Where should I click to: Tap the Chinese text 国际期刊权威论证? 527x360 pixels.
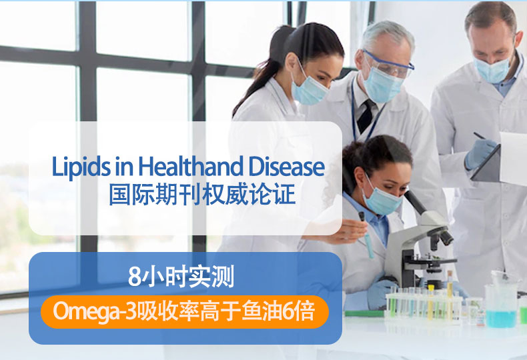tap(202, 194)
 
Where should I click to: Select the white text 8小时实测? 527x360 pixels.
tap(181, 277)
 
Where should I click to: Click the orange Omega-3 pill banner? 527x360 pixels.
tap(185, 311)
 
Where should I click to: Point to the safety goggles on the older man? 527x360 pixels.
tap(388, 64)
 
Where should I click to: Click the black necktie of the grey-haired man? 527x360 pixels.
tap(366, 116)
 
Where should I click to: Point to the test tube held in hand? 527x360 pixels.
tap(366, 235)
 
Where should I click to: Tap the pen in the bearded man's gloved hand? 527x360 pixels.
tap(480, 136)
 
